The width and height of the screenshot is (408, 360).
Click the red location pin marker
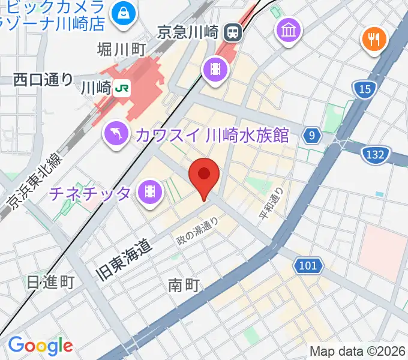click(204, 176)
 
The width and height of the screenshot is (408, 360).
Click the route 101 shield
click(309, 264)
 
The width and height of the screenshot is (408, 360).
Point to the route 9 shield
click(311, 136)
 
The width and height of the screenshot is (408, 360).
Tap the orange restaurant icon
click(375, 40)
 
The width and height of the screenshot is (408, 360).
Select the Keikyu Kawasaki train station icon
click(233, 31)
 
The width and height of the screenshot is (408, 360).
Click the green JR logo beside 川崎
click(122, 88)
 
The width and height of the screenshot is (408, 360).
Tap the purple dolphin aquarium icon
click(117, 133)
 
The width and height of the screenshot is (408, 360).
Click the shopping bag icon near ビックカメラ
click(124, 10)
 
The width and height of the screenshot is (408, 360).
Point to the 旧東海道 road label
click(124, 254)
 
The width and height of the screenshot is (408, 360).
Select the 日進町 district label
click(50, 282)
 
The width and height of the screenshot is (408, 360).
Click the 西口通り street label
click(43, 79)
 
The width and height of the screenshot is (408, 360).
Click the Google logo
click(40, 346)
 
